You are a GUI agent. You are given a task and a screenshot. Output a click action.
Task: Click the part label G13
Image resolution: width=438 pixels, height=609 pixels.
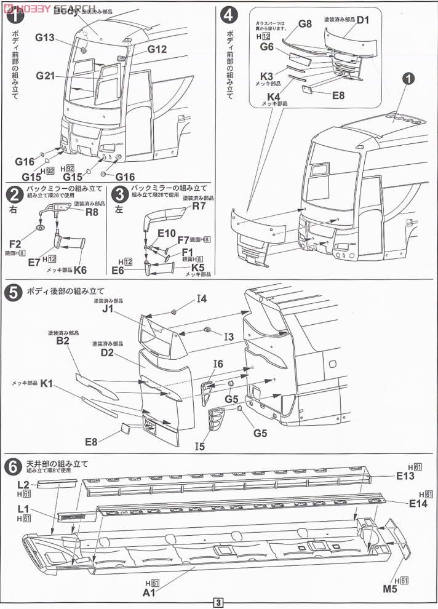(46, 38)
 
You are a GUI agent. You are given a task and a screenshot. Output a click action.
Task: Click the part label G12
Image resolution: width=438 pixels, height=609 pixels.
(157, 49)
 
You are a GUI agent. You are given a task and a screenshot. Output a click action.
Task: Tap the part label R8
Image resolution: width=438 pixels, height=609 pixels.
(92, 212)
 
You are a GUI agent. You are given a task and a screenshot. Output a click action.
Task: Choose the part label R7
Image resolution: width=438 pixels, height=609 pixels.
(199, 206)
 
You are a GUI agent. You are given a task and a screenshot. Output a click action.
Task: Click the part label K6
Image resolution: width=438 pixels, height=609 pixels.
(80, 269)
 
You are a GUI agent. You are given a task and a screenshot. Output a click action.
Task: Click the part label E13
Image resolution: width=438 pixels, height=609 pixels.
(405, 475)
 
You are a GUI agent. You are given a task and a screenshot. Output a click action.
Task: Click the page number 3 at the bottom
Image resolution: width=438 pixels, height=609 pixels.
(219, 602)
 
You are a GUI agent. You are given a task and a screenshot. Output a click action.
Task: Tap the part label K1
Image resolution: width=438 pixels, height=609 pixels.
(47, 384)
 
